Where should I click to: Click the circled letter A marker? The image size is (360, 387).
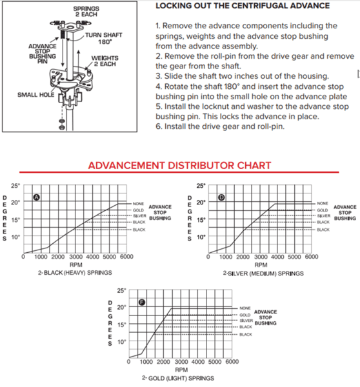37,197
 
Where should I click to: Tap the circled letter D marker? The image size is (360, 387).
221,197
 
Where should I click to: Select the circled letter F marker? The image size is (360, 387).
142,303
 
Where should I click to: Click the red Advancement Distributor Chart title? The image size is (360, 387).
179,165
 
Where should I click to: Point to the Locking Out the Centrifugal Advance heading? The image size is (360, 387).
243,6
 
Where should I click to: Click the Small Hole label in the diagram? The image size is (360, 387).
35,95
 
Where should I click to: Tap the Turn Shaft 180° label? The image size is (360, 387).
104,38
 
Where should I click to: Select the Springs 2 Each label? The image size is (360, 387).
86,12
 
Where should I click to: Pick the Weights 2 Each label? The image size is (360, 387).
105,61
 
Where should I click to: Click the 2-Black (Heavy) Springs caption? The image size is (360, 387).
75,272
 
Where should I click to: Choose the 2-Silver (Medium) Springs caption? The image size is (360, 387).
263,273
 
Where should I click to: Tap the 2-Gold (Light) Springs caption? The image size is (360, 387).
178,378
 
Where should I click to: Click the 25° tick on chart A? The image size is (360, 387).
15,186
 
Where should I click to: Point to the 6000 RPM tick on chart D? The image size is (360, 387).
312,257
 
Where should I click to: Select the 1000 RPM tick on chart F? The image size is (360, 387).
146,362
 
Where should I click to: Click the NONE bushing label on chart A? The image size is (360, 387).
138,204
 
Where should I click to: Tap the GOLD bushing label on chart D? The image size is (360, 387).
323,210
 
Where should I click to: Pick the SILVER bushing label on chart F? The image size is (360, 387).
246,321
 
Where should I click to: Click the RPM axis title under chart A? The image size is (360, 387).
75,264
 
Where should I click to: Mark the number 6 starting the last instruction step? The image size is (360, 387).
158,126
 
